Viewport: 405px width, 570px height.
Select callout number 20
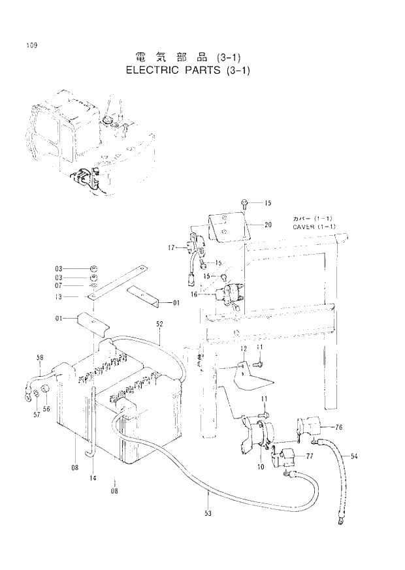click(x=268, y=225)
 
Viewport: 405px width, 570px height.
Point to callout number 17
click(x=171, y=247)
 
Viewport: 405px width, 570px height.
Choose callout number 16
click(x=194, y=294)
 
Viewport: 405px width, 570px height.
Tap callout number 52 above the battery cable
click(x=159, y=325)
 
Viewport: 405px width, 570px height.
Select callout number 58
click(x=39, y=357)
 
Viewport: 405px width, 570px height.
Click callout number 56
click(x=46, y=409)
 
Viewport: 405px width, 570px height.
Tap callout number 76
click(x=339, y=428)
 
